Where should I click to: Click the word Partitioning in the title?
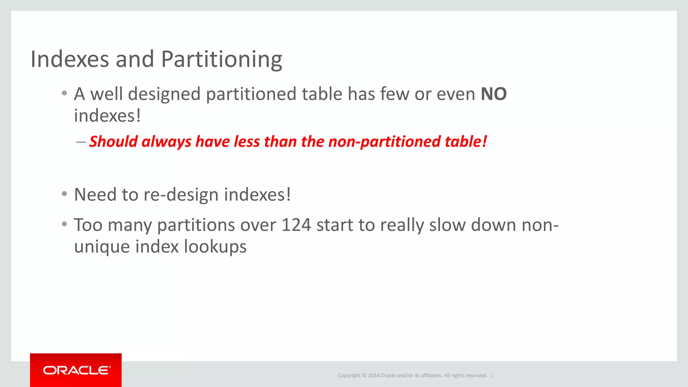(222, 59)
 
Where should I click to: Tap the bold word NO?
(493, 94)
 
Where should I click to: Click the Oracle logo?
(76, 370)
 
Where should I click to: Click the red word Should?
(113, 141)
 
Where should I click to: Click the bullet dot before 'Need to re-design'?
(64, 194)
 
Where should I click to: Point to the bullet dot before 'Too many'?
(64, 224)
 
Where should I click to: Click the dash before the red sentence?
(81, 142)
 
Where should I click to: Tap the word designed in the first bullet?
(164, 94)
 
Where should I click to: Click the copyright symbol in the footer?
(364, 376)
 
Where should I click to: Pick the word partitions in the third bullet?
(196, 225)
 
